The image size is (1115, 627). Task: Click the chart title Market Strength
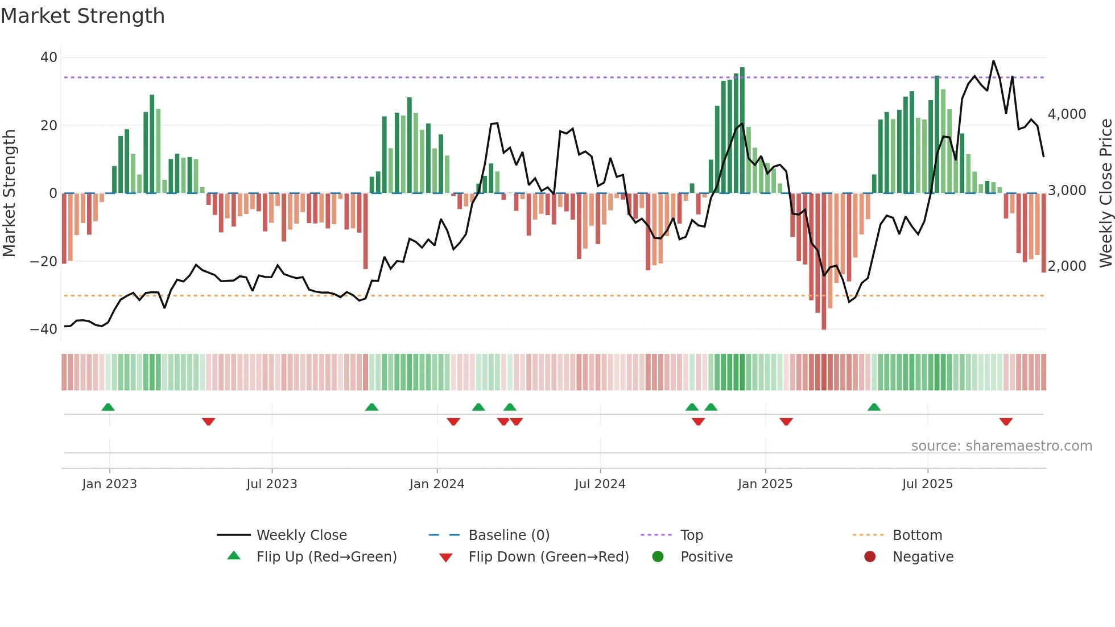(82, 16)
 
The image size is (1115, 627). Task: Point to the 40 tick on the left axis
(48, 57)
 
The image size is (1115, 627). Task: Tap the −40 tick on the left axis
(44, 329)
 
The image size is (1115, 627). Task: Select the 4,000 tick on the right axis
(1067, 114)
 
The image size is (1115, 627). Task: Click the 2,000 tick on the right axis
(1067, 266)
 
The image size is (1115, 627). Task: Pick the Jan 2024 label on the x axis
(436, 484)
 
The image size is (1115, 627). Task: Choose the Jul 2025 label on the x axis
(927, 484)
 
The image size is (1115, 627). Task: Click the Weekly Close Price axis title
(1105, 193)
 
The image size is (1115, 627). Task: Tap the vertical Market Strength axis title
(10, 193)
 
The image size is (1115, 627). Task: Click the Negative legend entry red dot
(869, 557)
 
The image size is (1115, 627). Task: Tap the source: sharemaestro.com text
(1001, 446)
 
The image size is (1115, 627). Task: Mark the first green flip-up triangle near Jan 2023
(108, 407)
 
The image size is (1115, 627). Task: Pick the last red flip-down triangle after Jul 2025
(1005, 422)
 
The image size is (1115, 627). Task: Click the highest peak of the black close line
(993, 61)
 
